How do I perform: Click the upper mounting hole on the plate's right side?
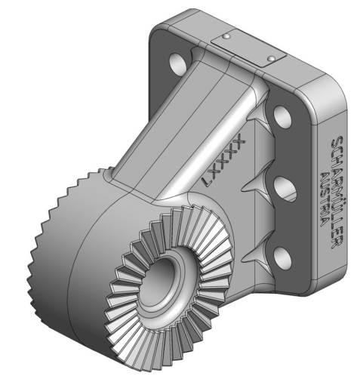tap(281, 116)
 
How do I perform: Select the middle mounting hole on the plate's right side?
tap(285, 186)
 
